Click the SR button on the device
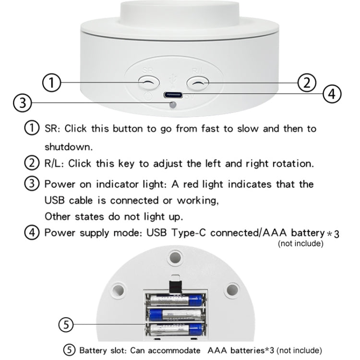(148, 83)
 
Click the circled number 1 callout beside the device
(52, 83)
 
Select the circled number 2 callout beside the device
(307, 83)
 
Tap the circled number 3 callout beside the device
(23, 103)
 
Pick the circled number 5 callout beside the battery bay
(66, 325)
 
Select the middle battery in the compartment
(175, 314)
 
